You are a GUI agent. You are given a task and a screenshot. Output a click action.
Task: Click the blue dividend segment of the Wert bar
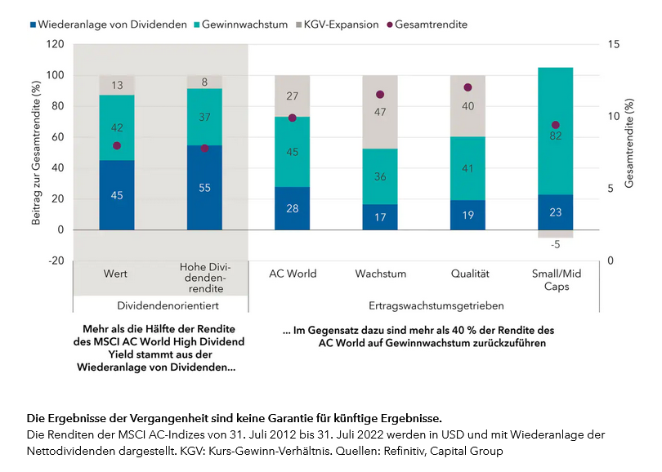coord(117,195)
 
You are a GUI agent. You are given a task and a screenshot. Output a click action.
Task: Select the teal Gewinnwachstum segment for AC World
coord(292,152)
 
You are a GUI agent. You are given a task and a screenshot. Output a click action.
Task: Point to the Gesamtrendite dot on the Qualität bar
coord(467,87)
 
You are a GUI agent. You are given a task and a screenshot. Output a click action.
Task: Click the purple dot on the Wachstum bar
coord(380,95)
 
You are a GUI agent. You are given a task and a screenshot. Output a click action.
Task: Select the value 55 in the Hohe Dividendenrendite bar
coord(204,188)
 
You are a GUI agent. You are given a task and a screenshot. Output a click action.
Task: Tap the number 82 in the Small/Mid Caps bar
coord(556,136)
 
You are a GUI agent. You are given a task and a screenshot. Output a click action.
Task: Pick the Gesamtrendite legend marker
coord(391,24)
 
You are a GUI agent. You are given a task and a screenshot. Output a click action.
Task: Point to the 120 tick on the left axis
coord(55,44)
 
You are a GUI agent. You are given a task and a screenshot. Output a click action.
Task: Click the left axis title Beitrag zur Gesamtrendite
coord(36,152)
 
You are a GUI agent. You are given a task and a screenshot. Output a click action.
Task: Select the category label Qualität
coord(467,274)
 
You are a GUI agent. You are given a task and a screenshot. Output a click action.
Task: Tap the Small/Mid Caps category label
coord(556,279)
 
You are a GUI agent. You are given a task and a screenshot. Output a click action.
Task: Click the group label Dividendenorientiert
coord(160,305)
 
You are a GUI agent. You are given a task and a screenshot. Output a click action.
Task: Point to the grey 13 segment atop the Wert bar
coord(117,85)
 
